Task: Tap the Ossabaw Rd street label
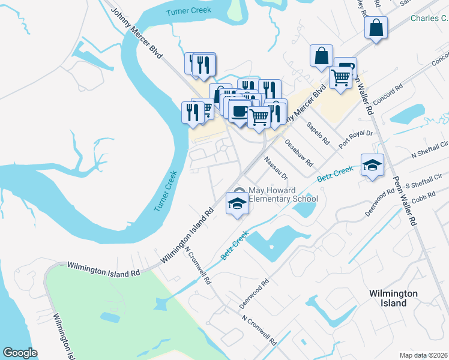point(298,152)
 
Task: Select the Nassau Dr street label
point(276,167)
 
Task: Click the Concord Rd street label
point(386,92)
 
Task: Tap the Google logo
point(20,353)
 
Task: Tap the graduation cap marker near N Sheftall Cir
point(372,165)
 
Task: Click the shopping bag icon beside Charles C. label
point(376,28)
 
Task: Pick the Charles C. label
point(429,19)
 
